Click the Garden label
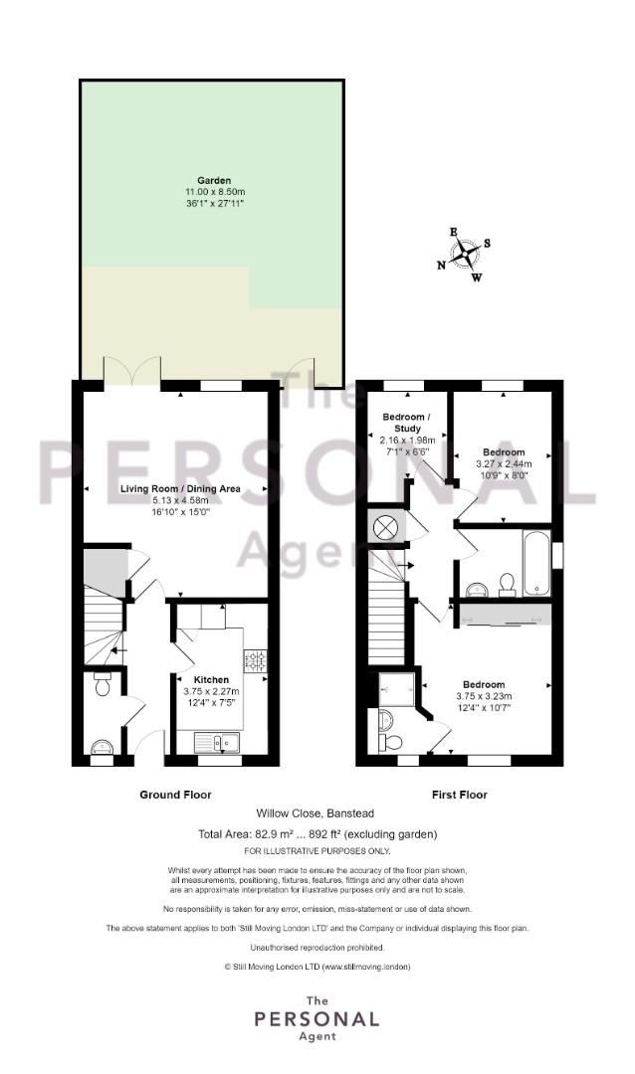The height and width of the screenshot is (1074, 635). pos(214,181)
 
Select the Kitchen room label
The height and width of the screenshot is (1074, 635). pos(211,679)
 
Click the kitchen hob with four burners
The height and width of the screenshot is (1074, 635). pos(255,660)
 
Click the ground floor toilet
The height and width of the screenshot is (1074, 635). pos(103,683)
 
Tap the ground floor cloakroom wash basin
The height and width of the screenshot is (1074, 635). pos(103,747)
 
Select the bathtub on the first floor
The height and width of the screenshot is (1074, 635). pos(536,563)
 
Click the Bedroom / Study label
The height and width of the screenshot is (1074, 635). pos(407,423)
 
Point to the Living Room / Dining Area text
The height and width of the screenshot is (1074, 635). pos(180,488)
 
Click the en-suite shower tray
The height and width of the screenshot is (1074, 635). pos(397,689)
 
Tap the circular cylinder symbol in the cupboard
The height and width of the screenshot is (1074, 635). pos(386,527)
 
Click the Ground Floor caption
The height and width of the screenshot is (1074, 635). pos(175,795)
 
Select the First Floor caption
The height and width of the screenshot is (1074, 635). pos(460,795)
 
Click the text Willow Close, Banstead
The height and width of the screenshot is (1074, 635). pos(316,813)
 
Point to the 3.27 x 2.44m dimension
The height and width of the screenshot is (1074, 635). pos(504,463)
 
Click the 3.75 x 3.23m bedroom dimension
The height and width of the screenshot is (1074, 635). pos(484,696)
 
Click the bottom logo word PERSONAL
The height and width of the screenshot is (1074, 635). pos(317,1019)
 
